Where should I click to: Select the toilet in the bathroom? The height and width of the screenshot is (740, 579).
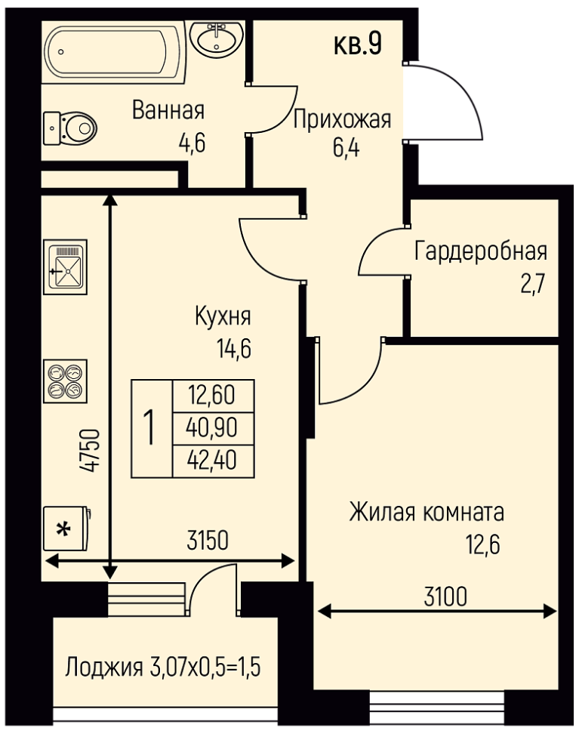[x=70, y=128]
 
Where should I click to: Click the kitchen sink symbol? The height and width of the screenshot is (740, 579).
[x=66, y=267]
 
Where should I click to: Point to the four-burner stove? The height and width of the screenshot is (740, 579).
[x=66, y=381]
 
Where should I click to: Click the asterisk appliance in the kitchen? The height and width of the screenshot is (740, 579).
[x=66, y=529]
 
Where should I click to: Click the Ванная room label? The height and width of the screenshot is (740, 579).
[x=168, y=110]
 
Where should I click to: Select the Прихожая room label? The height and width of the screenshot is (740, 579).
[x=342, y=119]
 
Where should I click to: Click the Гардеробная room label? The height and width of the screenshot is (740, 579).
[x=481, y=251]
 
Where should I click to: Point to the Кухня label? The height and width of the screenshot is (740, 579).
[x=223, y=316]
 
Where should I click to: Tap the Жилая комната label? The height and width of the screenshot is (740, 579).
[x=427, y=513]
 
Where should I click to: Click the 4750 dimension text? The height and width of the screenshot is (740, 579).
[x=90, y=450]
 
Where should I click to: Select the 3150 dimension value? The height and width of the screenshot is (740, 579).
[x=208, y=541]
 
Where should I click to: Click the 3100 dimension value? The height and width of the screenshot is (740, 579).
[x=446, y=596]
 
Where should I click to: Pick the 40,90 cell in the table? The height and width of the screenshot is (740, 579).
[x=214, y=429]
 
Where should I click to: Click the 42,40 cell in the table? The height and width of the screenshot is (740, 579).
[x=214, y=461]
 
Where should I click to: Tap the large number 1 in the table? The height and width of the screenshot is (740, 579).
[x=151, y=427]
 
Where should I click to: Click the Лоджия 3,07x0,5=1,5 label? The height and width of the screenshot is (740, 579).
[x=163, y=668]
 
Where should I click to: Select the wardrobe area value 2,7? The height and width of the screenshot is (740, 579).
[x=533, y=285]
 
